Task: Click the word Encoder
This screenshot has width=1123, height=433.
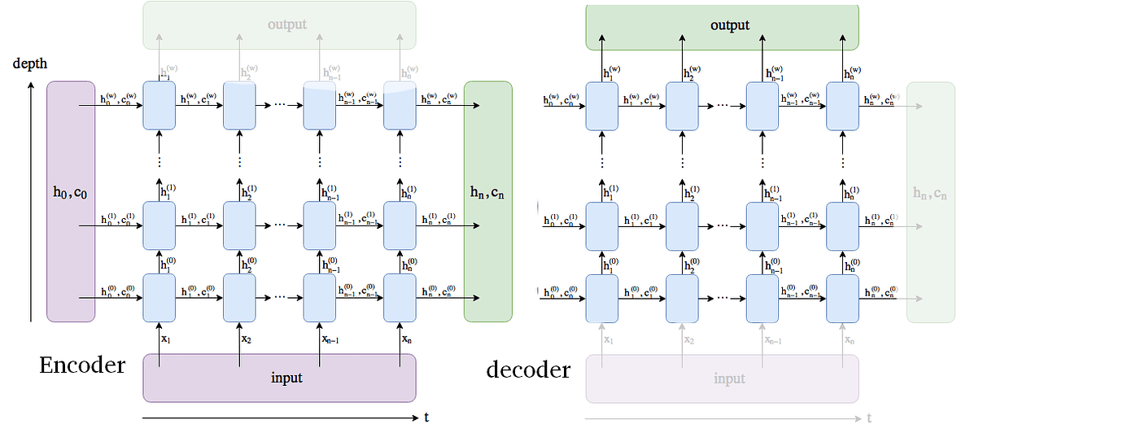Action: pyautogui.click(x=82, y=365)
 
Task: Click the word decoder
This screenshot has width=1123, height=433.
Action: pyautogui.click(x=528, y=370)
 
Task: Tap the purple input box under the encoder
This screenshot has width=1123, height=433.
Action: pyautogui.click(x=279, y=378)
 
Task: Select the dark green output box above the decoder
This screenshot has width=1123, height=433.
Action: pyautogui.click(x=722, y=26)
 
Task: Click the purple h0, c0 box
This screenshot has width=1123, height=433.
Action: pyautogui.click(x=71, y=200)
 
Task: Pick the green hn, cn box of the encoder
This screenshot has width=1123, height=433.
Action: pyautogui.click(x=487, y=200)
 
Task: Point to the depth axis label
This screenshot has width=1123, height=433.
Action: pyautogui.click(x=29, y=63)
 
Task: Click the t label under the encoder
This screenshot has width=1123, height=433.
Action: pyautogui.click(x=426, y=418)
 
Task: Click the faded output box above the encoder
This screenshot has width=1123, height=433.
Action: pyautogui.click(x=279, y=24)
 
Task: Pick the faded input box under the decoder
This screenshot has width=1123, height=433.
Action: pyautogui.click(x=722, y=378)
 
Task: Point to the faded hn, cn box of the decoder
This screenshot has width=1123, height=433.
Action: pyautogui.click(x=930, y=195)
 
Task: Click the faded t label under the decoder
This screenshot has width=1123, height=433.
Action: pyautogui.click(x=869, y=418)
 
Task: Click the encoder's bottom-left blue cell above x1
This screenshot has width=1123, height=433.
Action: pyautogui.click(x=159, y=297)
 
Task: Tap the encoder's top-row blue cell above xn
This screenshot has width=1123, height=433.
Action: pyautogui.click(x=400, y=105)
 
